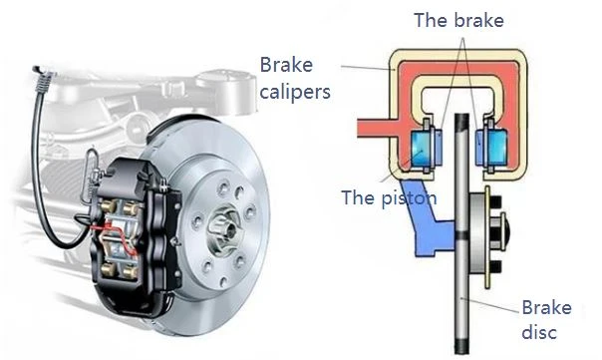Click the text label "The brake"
(x=458, y=20)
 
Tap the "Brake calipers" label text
(x=295, y=79)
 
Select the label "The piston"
(x=389, y=197)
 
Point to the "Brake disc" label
(x=546, y=320)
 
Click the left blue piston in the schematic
(x=422, y=148)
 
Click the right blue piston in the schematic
(x=495, y=148)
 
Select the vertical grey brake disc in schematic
(x=461, y=233)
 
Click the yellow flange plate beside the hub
(x=488, y=237)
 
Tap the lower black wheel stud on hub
(x=496, y=267)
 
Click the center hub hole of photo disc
(x=229, y=229)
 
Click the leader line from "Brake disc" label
(x=490, y=305)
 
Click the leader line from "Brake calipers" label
(x=368, y=68)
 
